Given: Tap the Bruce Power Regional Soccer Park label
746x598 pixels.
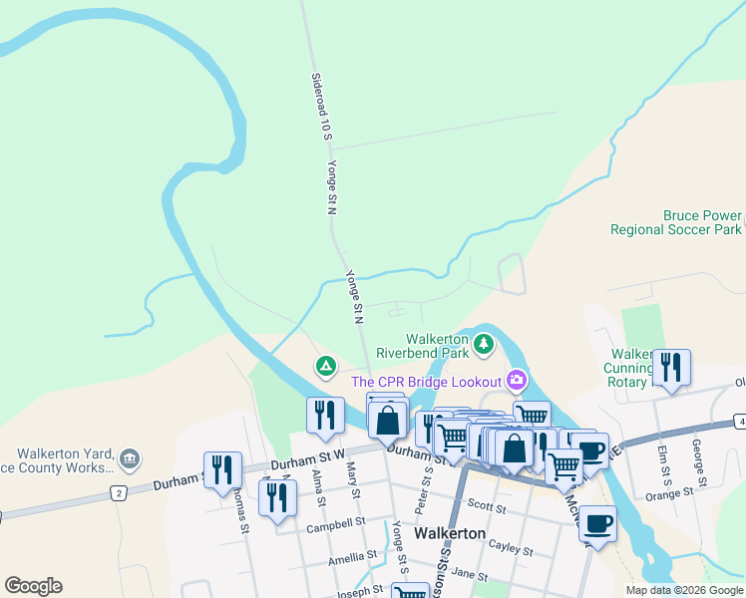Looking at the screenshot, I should tap(676, 222).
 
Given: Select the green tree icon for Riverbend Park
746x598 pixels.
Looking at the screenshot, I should tap(484, 345).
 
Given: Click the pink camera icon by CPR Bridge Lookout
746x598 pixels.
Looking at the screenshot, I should tap(516, 379).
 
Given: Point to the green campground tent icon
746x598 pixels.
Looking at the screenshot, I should tap(325, 367).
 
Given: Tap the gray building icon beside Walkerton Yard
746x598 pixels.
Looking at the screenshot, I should tap(129, 459).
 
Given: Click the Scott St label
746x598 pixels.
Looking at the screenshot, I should tap(487, 506).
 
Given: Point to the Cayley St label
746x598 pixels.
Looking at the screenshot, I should tap(514, 548).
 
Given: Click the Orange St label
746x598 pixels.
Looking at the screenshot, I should tap(669, 493).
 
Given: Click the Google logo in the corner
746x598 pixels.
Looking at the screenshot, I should tap(34, 586).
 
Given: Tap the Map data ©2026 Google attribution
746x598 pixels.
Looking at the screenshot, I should tap(684, 590).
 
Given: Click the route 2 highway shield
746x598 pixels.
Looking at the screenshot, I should tap(118, 493).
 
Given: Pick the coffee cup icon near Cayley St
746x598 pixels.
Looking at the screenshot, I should tap(597, 522).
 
